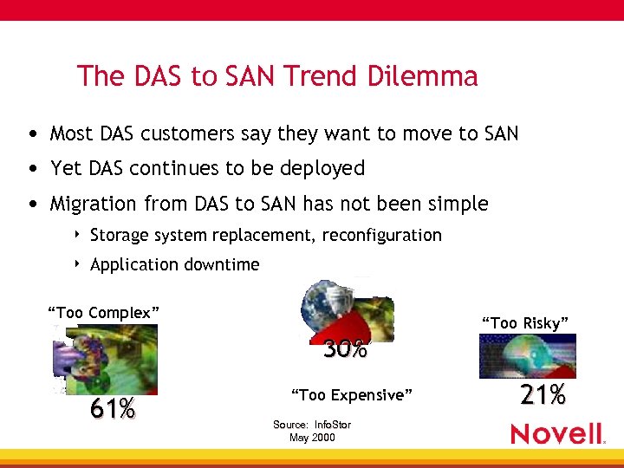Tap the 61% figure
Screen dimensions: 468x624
point(113,408)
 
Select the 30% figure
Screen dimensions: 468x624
point(345,350)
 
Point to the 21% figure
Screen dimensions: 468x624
point(543,395)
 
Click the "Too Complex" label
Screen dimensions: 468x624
point(103,312)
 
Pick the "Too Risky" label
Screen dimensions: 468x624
point(525,323)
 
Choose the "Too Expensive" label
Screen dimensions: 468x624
point(351,395)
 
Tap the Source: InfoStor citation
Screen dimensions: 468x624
point(312,425)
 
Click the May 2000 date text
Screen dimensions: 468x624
point(312,438)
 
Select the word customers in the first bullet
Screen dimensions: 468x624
point(182,133)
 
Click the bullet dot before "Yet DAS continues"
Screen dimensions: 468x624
point(32,168)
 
